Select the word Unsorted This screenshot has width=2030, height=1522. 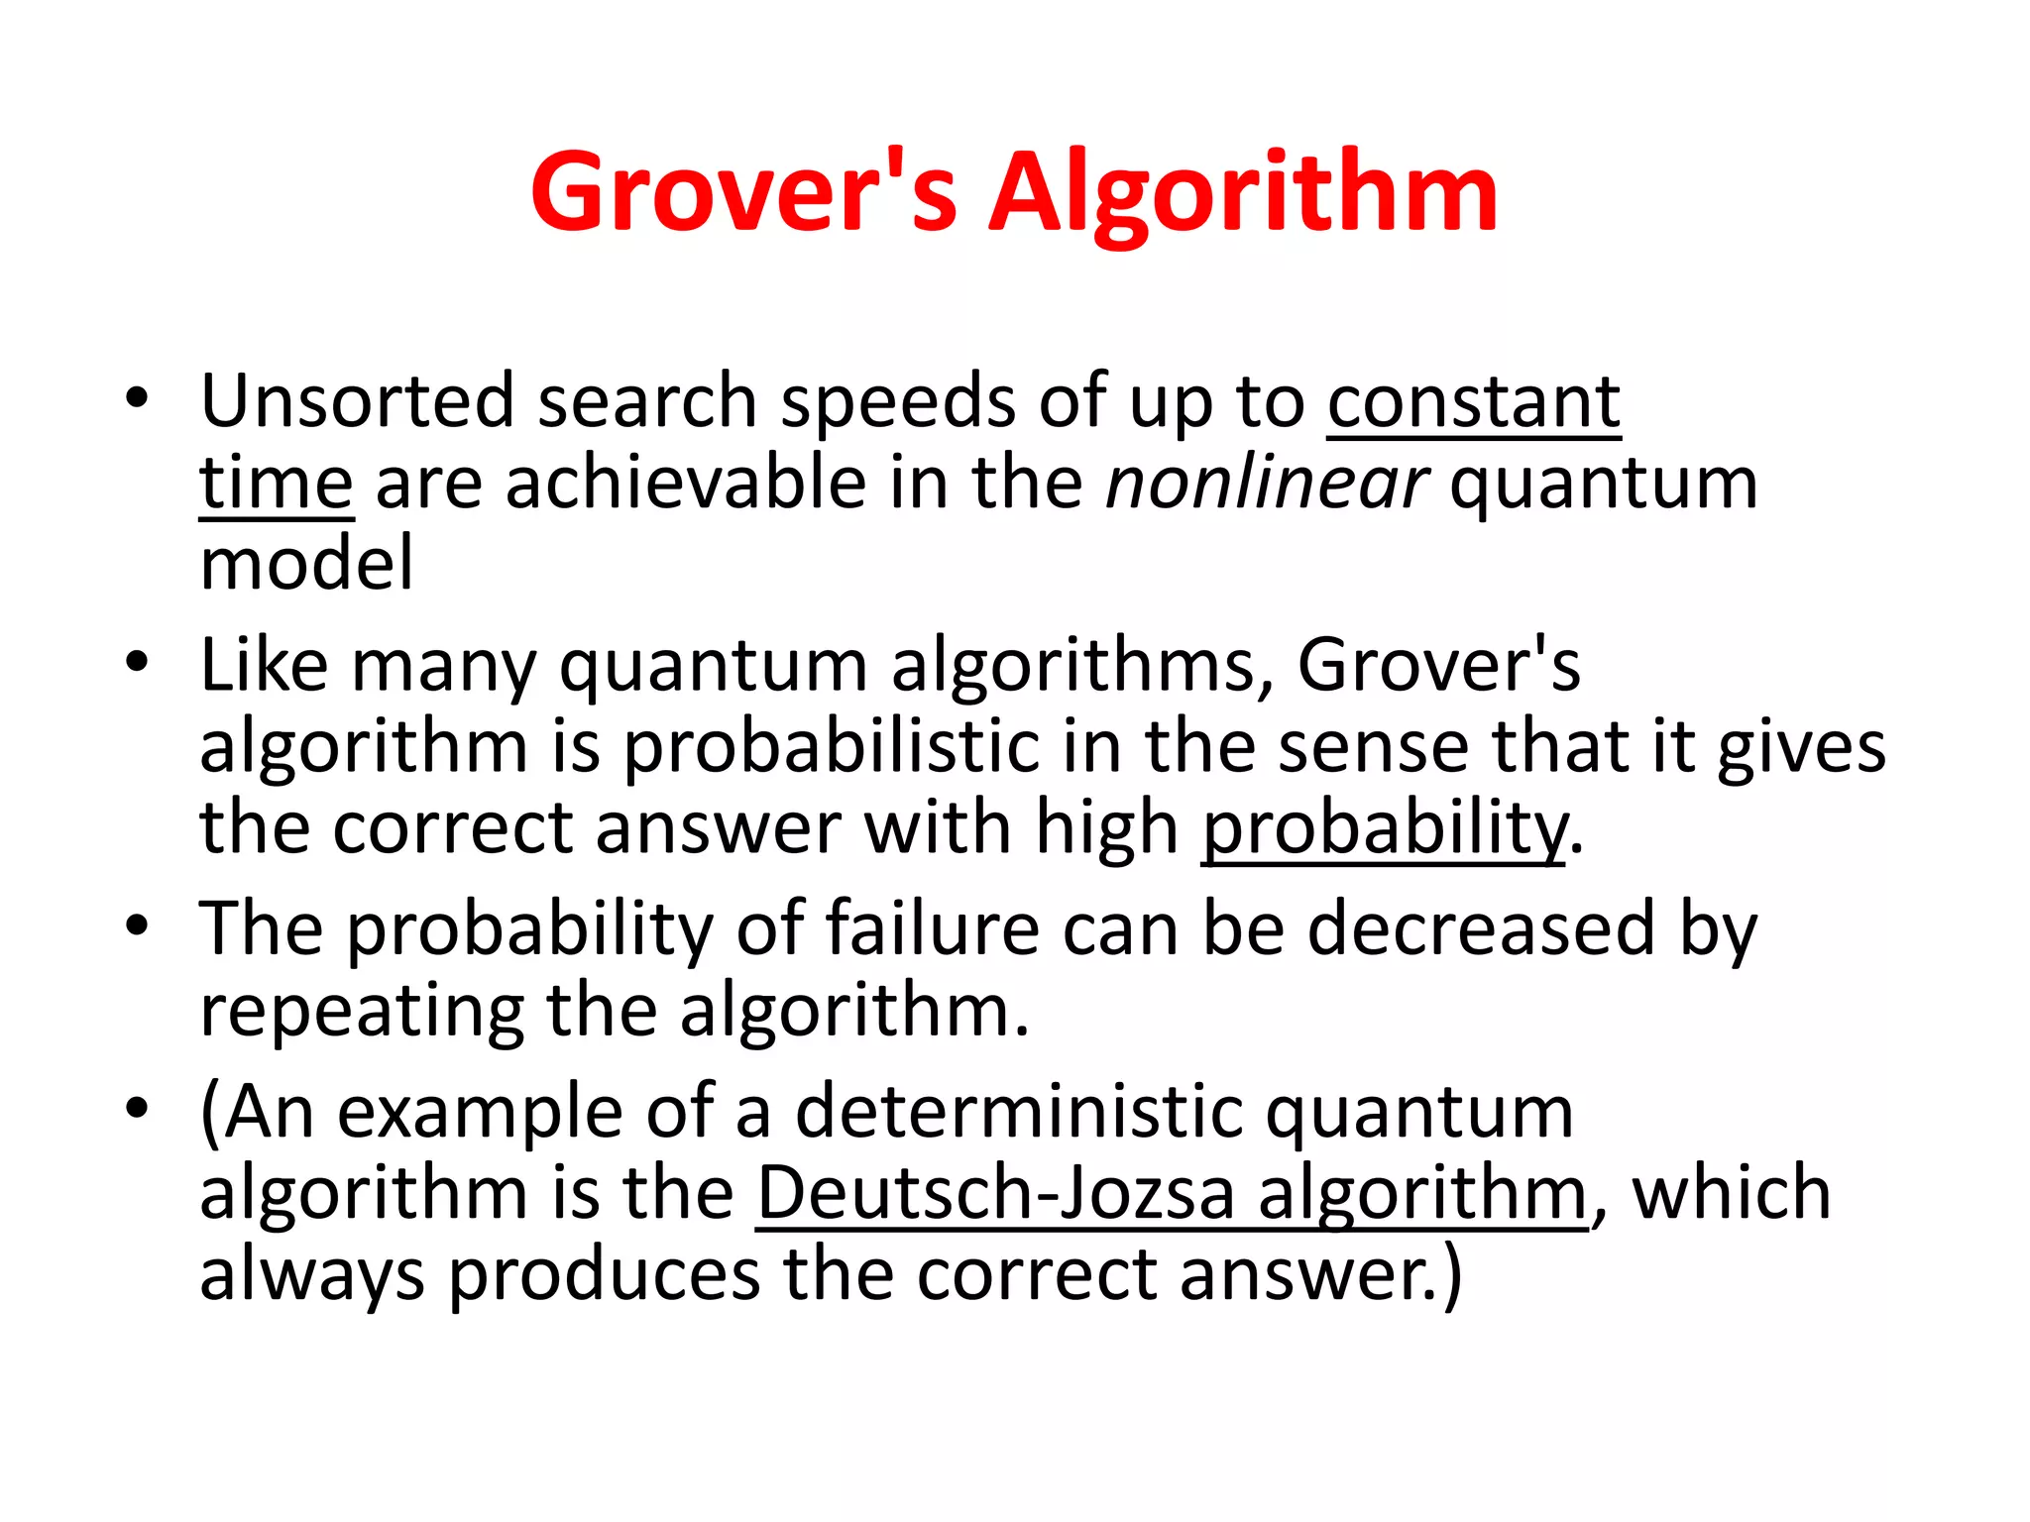pyautogui.click(x=357, y=401)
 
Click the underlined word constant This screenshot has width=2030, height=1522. pyautogui.click(x=1474, y=403)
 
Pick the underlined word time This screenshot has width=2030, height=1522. pyautogui.click(x=276, y=484)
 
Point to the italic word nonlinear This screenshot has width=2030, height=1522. pyautogui.click(x=1267, y=484)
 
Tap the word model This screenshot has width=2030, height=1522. pyautogui.click(x=306, y=564)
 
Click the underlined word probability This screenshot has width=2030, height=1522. pyautogui.click(x=1384, y=828)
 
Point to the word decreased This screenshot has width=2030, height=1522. pyautogui.click(x=1481, y=929)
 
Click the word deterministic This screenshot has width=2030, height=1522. pyautogui.click(x=1018, y=1112)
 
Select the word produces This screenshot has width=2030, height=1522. pyautogui.click(x=605, y=1275)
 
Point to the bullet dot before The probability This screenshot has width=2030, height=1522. pyautogui.click(x=137, y=926)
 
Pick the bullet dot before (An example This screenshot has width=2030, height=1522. pyautogui.click(x=137, y=1107)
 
